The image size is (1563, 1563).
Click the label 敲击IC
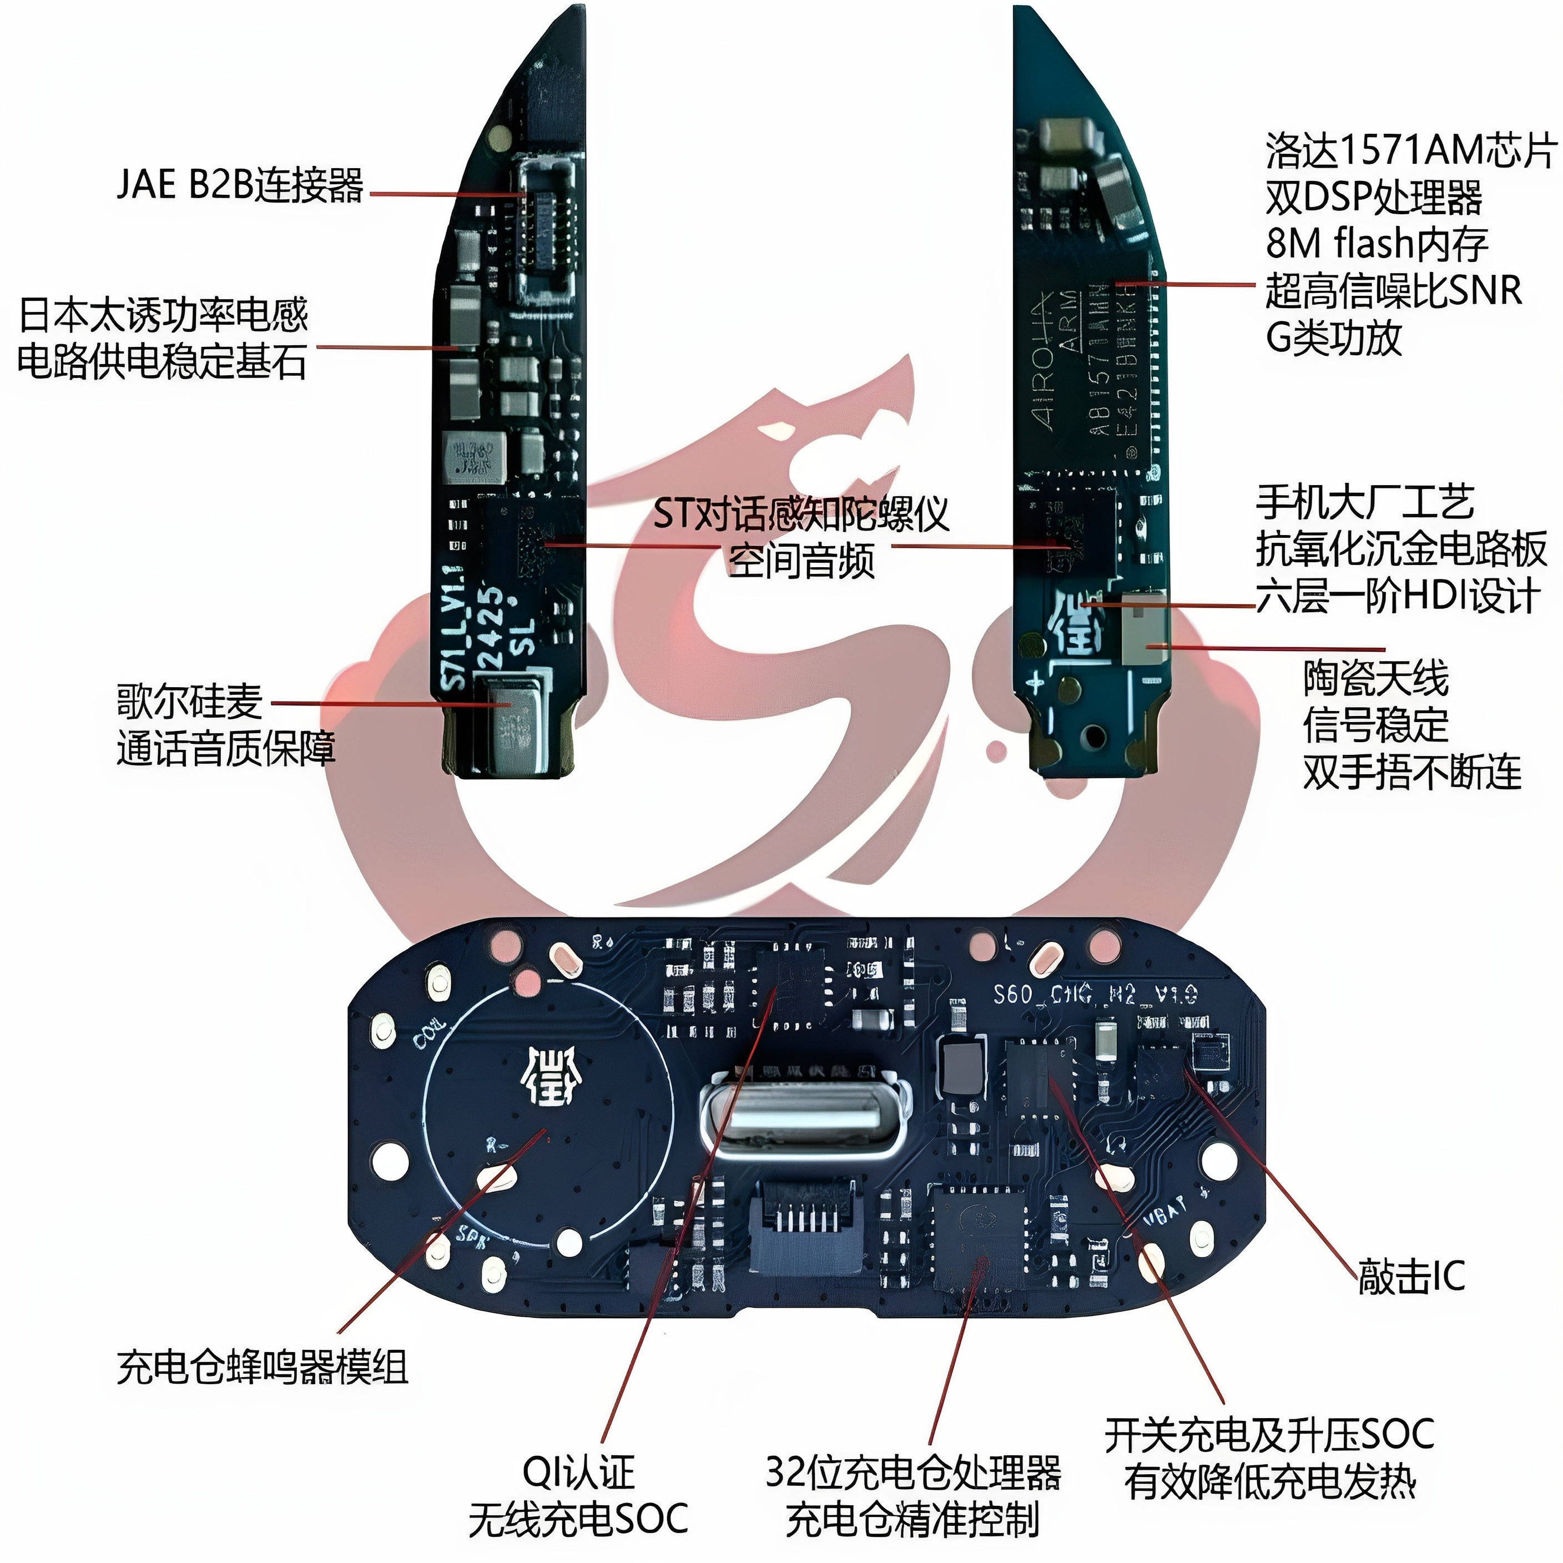pos(1411,1277)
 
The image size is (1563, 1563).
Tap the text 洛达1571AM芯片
pos(1411,150)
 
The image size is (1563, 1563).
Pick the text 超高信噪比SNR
pos(1393,290)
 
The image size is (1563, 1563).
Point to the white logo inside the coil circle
pos(550,1077)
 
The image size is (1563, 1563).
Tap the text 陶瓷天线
pos(1375,678)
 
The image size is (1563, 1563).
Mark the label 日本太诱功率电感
pos(163,315)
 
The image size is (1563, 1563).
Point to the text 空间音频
pos(801,561)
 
